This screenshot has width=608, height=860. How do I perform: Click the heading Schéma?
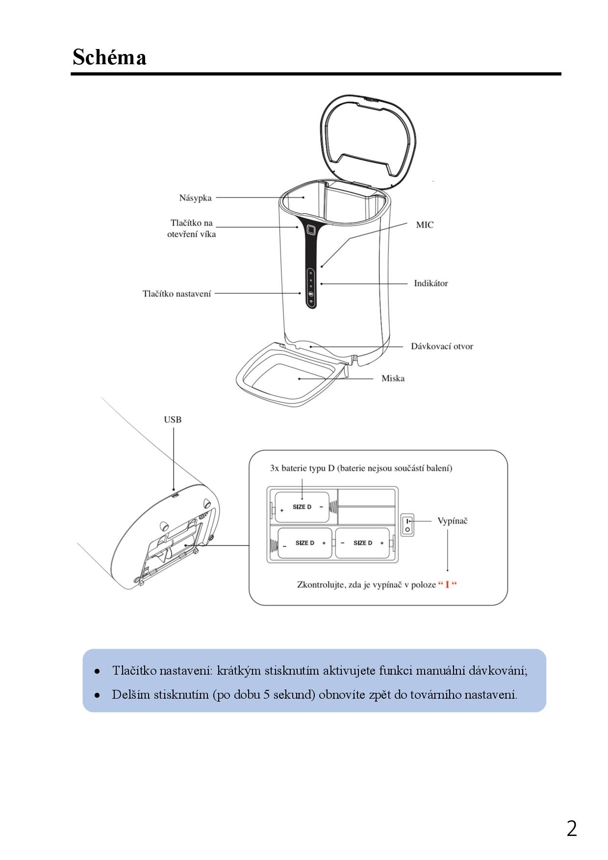coord(109,57)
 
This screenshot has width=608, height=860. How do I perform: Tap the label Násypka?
coord(195,198)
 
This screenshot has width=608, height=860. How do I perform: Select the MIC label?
coord(425,225)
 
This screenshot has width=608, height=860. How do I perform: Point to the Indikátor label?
coord(431,283)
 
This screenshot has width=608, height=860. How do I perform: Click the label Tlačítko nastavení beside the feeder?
coord(177,294)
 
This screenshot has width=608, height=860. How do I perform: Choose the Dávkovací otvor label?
coord(442,347)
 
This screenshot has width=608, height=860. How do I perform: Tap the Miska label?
coord(393,379)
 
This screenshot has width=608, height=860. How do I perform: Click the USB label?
coord(173,420)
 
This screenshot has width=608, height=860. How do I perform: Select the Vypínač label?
coord(452,521)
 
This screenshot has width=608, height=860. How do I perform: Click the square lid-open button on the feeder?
coord(311,229)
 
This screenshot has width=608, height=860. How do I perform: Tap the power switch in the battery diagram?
coord(407,525)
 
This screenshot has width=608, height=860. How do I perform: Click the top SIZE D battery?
coord(302,507)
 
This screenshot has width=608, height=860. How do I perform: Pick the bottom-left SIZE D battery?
coord(304,543)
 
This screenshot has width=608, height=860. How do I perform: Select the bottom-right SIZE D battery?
coord(362,543)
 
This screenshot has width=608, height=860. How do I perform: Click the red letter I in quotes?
coord(447,585)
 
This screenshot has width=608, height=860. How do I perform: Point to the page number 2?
coord(572,829)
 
